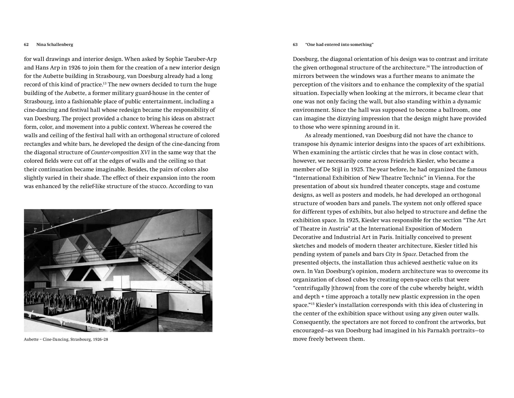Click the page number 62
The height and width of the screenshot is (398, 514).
(26, 45)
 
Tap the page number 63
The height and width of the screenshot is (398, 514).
(295, 45)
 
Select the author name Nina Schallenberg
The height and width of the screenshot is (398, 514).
(55, 45)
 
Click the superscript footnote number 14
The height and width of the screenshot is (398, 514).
(428, 66)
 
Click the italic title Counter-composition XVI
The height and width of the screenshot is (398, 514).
(120, 153)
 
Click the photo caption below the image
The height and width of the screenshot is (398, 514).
(66, 339)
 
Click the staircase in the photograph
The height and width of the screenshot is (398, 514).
(164, 265)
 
